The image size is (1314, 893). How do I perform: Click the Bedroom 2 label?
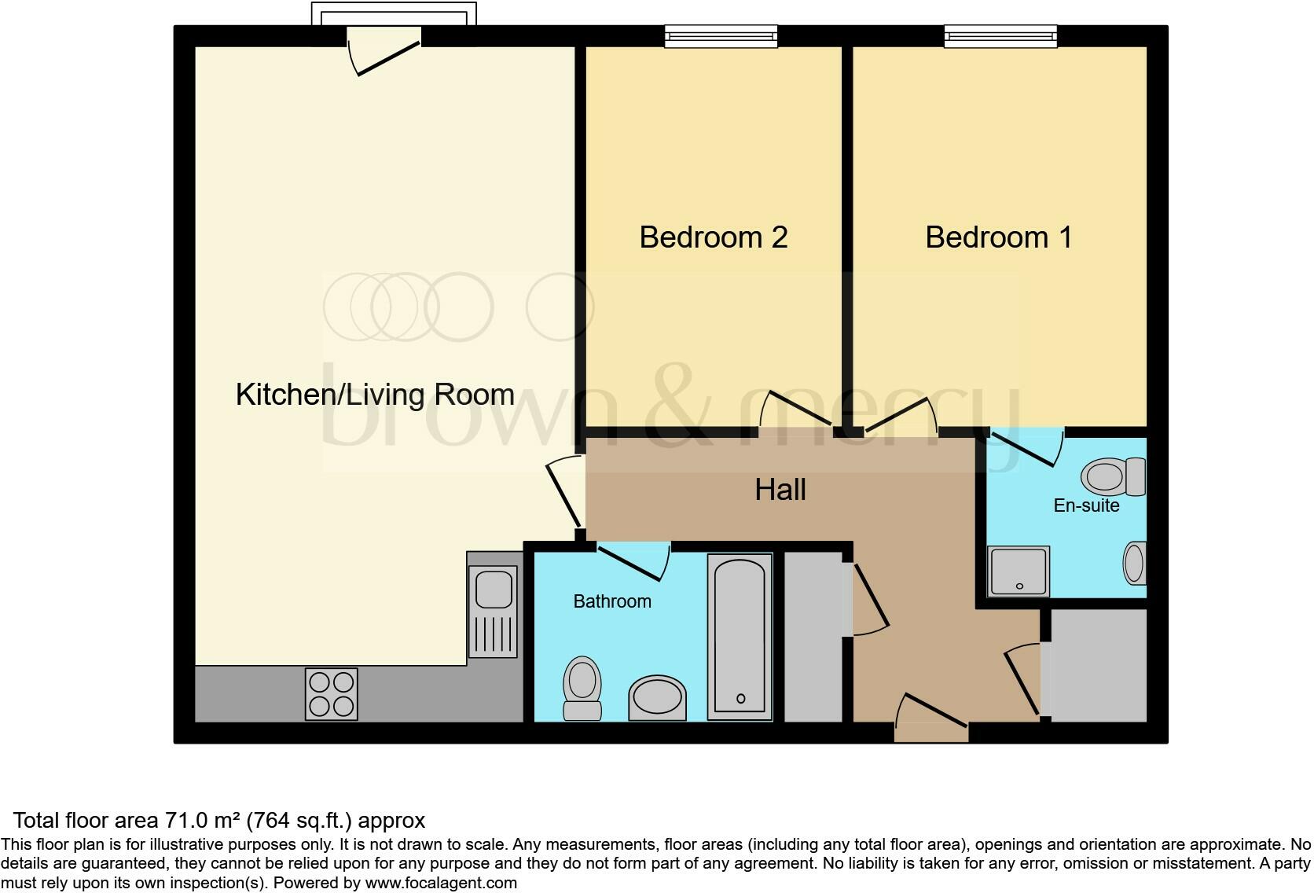713,237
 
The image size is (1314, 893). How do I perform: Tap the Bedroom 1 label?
998,237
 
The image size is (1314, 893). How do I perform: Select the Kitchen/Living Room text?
375,395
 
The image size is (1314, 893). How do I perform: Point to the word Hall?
780,490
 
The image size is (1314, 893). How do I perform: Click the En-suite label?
1086,505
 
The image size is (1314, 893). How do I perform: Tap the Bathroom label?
612,601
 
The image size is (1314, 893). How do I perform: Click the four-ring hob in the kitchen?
331,694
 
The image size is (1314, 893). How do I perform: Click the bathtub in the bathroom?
740,636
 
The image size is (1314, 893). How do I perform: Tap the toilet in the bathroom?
582,688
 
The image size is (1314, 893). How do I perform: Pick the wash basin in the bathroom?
657,697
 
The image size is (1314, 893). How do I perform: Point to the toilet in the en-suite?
1114,476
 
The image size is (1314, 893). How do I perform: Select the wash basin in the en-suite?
1134,563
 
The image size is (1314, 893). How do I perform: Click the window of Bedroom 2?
721,35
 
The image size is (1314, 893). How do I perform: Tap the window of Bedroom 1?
1000,35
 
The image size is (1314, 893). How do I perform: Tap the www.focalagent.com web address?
441,883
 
